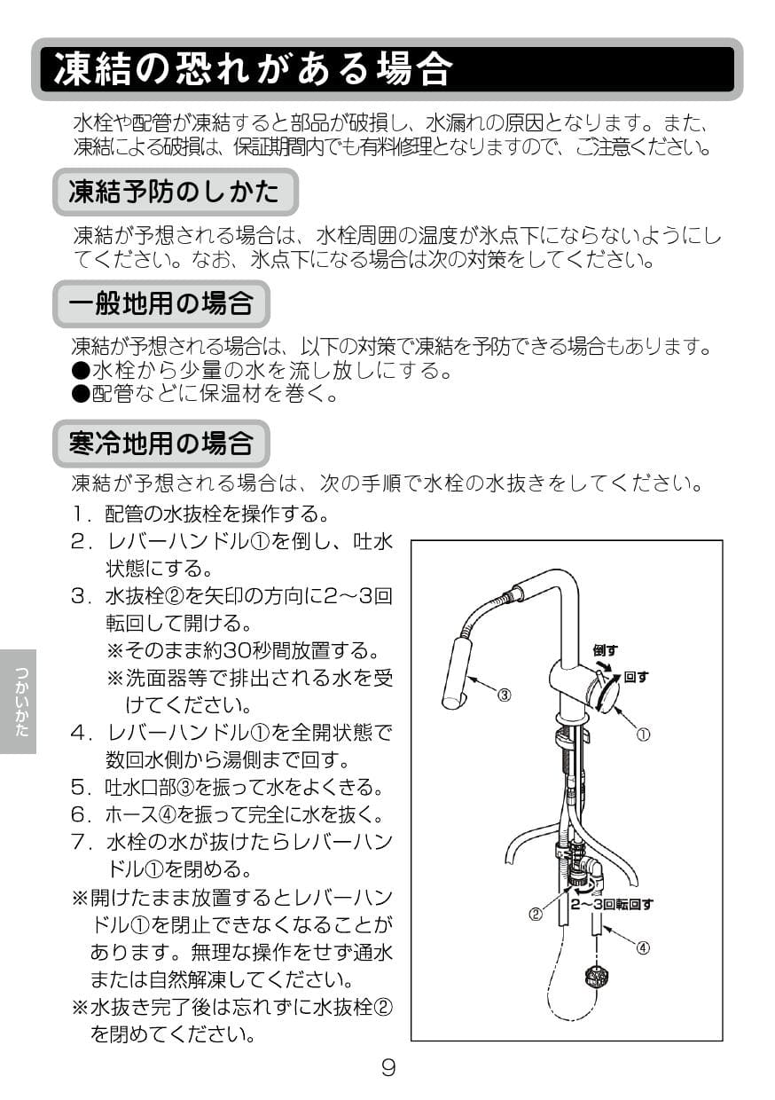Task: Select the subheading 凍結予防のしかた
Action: coord(174,191)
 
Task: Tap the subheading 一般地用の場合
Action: coord(160,304)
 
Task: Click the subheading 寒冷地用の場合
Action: coord(160,442)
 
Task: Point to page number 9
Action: coord(387,1067)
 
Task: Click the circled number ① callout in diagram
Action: coord(645,735)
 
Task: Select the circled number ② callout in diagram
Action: coord(536,914)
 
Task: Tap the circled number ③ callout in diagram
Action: coord(504,695)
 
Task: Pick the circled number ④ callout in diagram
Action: coord(643,947)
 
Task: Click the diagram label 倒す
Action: coord(605,650)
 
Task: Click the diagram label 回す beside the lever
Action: coord(636,677)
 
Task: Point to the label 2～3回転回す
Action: coord(611,904)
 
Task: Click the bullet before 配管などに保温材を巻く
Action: coord(81,395)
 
